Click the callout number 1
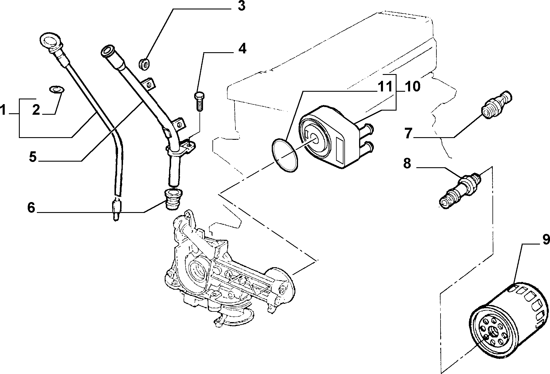3,111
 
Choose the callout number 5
33,157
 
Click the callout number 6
31,208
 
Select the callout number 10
412,87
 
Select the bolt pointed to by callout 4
199,101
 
